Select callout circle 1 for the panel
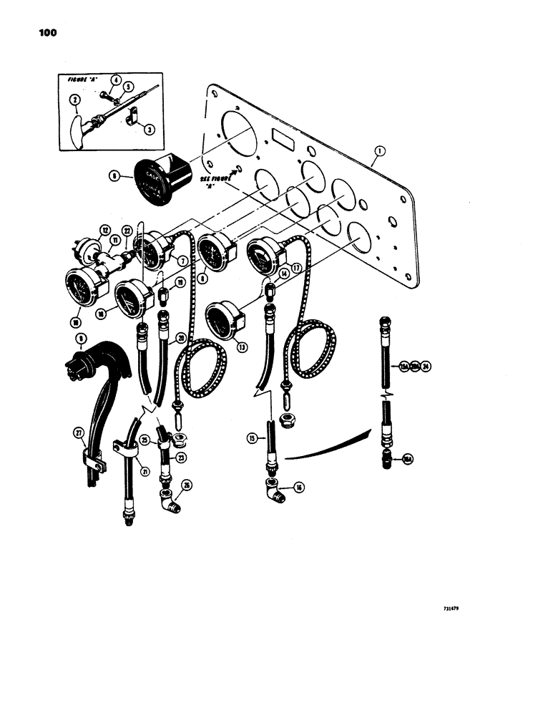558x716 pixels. (379, 151)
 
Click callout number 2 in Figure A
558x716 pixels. (74, 102)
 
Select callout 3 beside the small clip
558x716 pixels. (149, 129)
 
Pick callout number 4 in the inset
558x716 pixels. (116, 80)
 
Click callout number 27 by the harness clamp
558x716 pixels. (79, 432)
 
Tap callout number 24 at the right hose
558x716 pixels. (426, 366)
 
